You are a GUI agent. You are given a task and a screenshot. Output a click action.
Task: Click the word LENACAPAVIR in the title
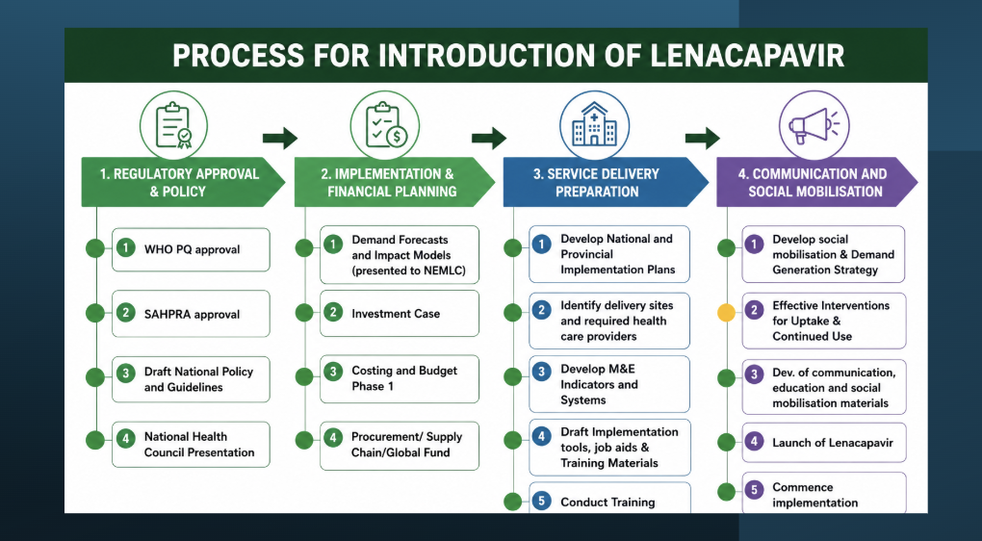point(748,55)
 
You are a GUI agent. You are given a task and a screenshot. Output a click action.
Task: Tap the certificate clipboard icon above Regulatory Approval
point(173,125)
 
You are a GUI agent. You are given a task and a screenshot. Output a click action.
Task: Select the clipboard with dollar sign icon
point(384,125)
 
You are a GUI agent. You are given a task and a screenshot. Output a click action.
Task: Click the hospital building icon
point(594,125)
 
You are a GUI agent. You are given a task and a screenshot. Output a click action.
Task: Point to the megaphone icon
point(814,125)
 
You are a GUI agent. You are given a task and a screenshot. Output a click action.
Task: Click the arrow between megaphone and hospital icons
point(703,138)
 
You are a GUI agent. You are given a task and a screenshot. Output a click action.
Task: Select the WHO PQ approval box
point(191,249)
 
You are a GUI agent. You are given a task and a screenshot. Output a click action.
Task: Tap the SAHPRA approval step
point(191,314)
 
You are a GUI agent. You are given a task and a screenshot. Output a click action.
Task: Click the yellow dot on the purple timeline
point(726,313)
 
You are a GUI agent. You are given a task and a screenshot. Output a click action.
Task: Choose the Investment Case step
point(400,313)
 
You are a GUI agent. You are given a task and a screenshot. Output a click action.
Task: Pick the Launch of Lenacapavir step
point(824,443)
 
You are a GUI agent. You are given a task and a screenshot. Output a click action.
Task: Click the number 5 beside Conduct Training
point(541,501)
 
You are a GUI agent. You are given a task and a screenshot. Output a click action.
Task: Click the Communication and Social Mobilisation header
point(816,182)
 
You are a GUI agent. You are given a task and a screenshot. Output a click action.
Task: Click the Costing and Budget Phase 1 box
point(400,378)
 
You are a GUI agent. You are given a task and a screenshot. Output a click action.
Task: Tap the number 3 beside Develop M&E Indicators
point(541,372)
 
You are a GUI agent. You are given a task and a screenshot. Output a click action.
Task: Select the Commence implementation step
point(824,493)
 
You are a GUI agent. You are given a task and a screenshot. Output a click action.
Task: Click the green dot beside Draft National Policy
point(95,377)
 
